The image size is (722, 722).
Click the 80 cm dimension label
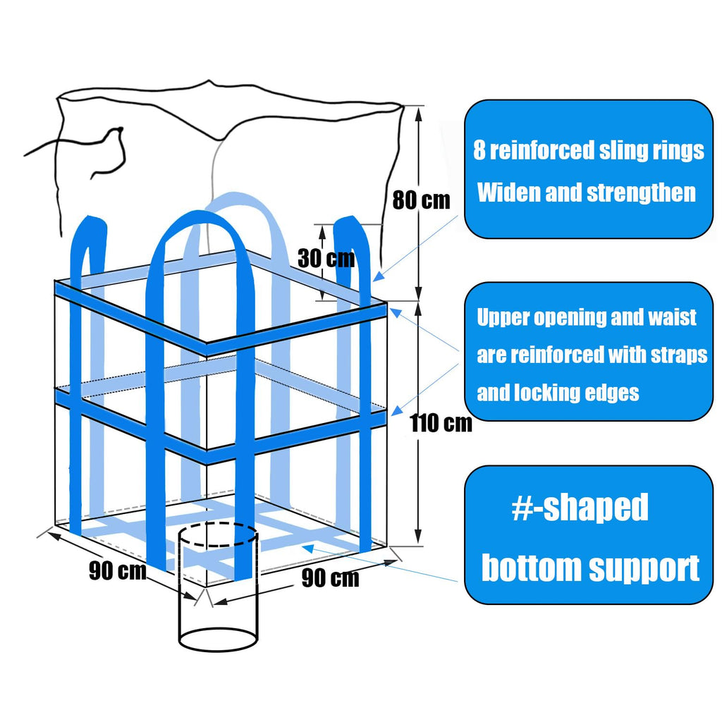421,200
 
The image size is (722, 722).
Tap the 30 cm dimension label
326,258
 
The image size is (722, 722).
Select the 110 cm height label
441,423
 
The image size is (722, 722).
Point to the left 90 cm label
117,570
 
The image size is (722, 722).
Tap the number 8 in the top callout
479,150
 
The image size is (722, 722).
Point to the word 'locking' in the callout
551,393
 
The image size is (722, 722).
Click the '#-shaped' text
579,507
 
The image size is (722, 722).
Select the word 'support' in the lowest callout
644,568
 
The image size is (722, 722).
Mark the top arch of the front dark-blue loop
197,215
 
